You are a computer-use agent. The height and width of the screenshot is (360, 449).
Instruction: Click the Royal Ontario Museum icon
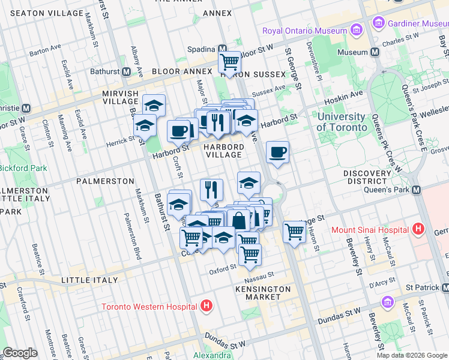click(x=357, y=30)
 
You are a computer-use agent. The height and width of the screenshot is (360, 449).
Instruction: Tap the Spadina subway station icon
click(x=222, y=49)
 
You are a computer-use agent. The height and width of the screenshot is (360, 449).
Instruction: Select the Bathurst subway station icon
click(x=126, y=71)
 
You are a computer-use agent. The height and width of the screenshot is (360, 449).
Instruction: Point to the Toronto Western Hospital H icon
click(x=206, y=306)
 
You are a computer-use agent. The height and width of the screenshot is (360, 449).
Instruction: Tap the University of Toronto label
click(x=341, y=122)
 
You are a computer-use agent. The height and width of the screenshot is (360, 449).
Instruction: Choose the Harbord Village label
click(x=223, y=151)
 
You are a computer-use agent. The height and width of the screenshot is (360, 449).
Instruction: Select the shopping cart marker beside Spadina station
click(x=230, y=61)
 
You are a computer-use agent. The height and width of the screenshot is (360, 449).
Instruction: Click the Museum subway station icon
click(x=375, y=52)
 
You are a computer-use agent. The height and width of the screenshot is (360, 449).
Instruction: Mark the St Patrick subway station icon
click(x=445, y=287)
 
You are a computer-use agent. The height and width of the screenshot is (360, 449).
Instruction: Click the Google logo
click(x=20, y=353)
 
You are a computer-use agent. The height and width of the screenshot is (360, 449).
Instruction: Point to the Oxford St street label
click(x=223, y=270)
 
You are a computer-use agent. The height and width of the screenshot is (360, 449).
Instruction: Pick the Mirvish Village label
click(x=121, y=98)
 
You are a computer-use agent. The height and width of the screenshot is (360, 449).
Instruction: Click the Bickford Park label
click(x=23, y=168)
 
